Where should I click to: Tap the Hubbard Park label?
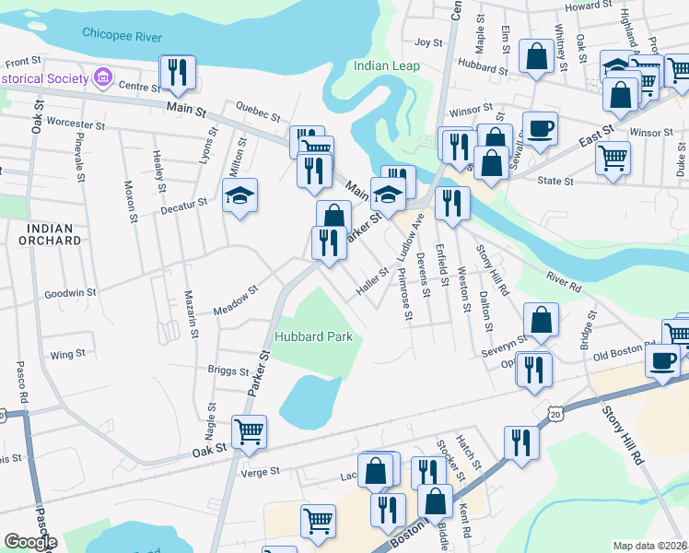(313, 337)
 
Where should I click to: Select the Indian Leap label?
(387, 66)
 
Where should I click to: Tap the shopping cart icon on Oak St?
(249, 430)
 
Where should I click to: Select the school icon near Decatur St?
(239, 194)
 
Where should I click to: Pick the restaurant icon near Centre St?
(175, 71)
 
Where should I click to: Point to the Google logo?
(30, 543)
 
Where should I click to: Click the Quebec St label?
(258, 115)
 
